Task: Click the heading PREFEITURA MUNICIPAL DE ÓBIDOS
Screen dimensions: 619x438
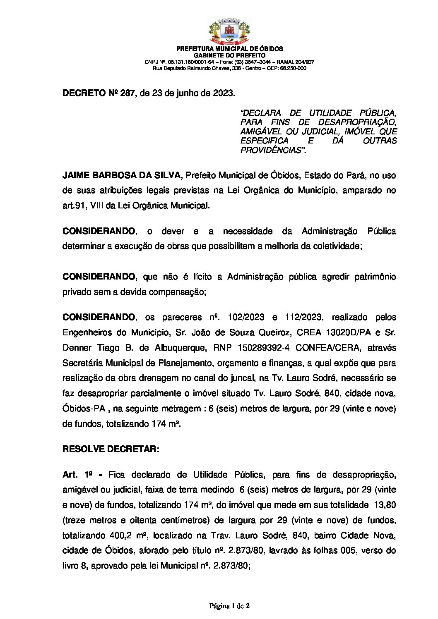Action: [229, 49]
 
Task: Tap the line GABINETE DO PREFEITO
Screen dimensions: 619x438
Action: [229, 55]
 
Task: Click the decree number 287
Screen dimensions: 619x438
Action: [128, 93]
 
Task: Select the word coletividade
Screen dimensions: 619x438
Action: [336, 246]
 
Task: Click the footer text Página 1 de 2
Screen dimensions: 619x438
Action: [229, 606]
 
